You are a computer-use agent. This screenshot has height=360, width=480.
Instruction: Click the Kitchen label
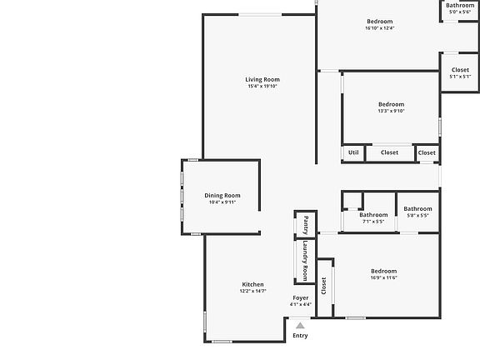[252, 284]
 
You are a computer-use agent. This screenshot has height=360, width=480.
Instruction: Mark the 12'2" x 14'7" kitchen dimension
[252, 291]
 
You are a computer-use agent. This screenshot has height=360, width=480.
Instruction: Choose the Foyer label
[300, 297]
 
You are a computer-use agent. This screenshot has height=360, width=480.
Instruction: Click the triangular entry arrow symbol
[300, 326]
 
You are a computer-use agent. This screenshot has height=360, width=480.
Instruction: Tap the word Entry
[300, 336]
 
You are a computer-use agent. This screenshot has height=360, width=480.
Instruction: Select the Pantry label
[305, 223]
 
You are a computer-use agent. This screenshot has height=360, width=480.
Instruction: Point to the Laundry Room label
[305, 260]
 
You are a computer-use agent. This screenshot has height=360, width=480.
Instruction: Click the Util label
[353, 152]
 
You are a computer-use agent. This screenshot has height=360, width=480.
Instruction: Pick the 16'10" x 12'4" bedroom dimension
[379, 27]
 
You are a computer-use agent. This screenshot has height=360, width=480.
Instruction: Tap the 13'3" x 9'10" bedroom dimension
[391, 111]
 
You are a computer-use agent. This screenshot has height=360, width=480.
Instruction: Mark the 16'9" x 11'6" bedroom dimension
[384, 277]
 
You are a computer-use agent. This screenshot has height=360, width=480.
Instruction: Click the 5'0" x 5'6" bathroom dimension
[460, 12]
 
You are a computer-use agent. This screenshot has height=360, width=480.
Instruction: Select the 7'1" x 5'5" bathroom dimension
[372, 222]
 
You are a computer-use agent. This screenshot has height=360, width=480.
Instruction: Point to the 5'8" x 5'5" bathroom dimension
[417, 215]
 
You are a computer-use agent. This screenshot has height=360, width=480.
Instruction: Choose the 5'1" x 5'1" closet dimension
[460, 77]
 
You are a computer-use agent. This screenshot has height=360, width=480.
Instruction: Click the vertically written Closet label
[323, 285]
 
